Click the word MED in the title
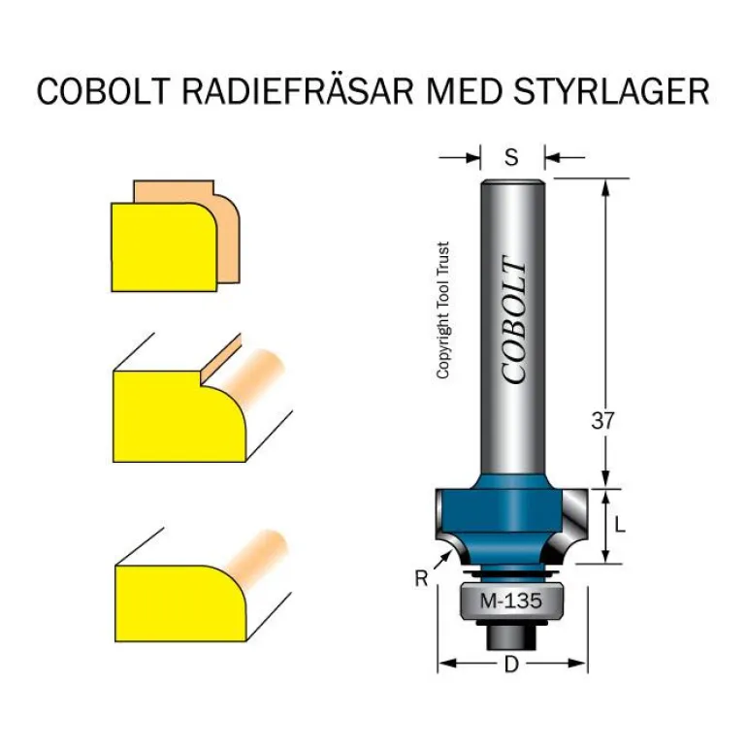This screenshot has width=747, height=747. [463, 91]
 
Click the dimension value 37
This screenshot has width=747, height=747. [604, 421]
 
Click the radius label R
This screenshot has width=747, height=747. [420, 579]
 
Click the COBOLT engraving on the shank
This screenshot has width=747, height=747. [513, 321]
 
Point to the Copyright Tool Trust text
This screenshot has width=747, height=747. [442, 310]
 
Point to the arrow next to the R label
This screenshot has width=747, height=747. [442, 557]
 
